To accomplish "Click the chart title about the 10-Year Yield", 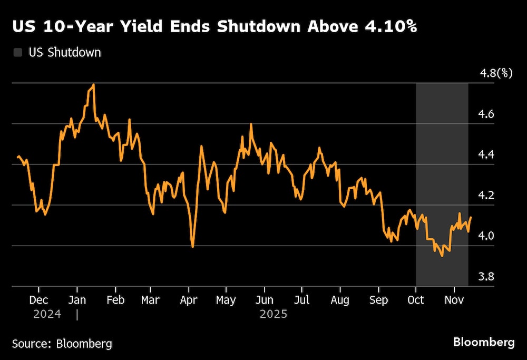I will pyautogui.click(x=214, y=27).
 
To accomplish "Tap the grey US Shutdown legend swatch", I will pyautogui.click(x=18, y=52).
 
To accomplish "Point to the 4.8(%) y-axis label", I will pyautogui.click(x=496, y=73).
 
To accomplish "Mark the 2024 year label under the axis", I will pyautogui.click(x=47, y=315).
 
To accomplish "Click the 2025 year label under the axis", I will pyautogui.click(x=273, y=315).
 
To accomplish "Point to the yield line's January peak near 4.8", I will pyautogui.click(x=93, y=84).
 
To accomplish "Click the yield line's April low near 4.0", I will pyautogui.click(x=192, y=246).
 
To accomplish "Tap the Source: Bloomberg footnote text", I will pyautogui.click(x=62, y=344).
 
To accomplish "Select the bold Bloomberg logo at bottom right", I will pyautogui.click(x=484, y=342).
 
